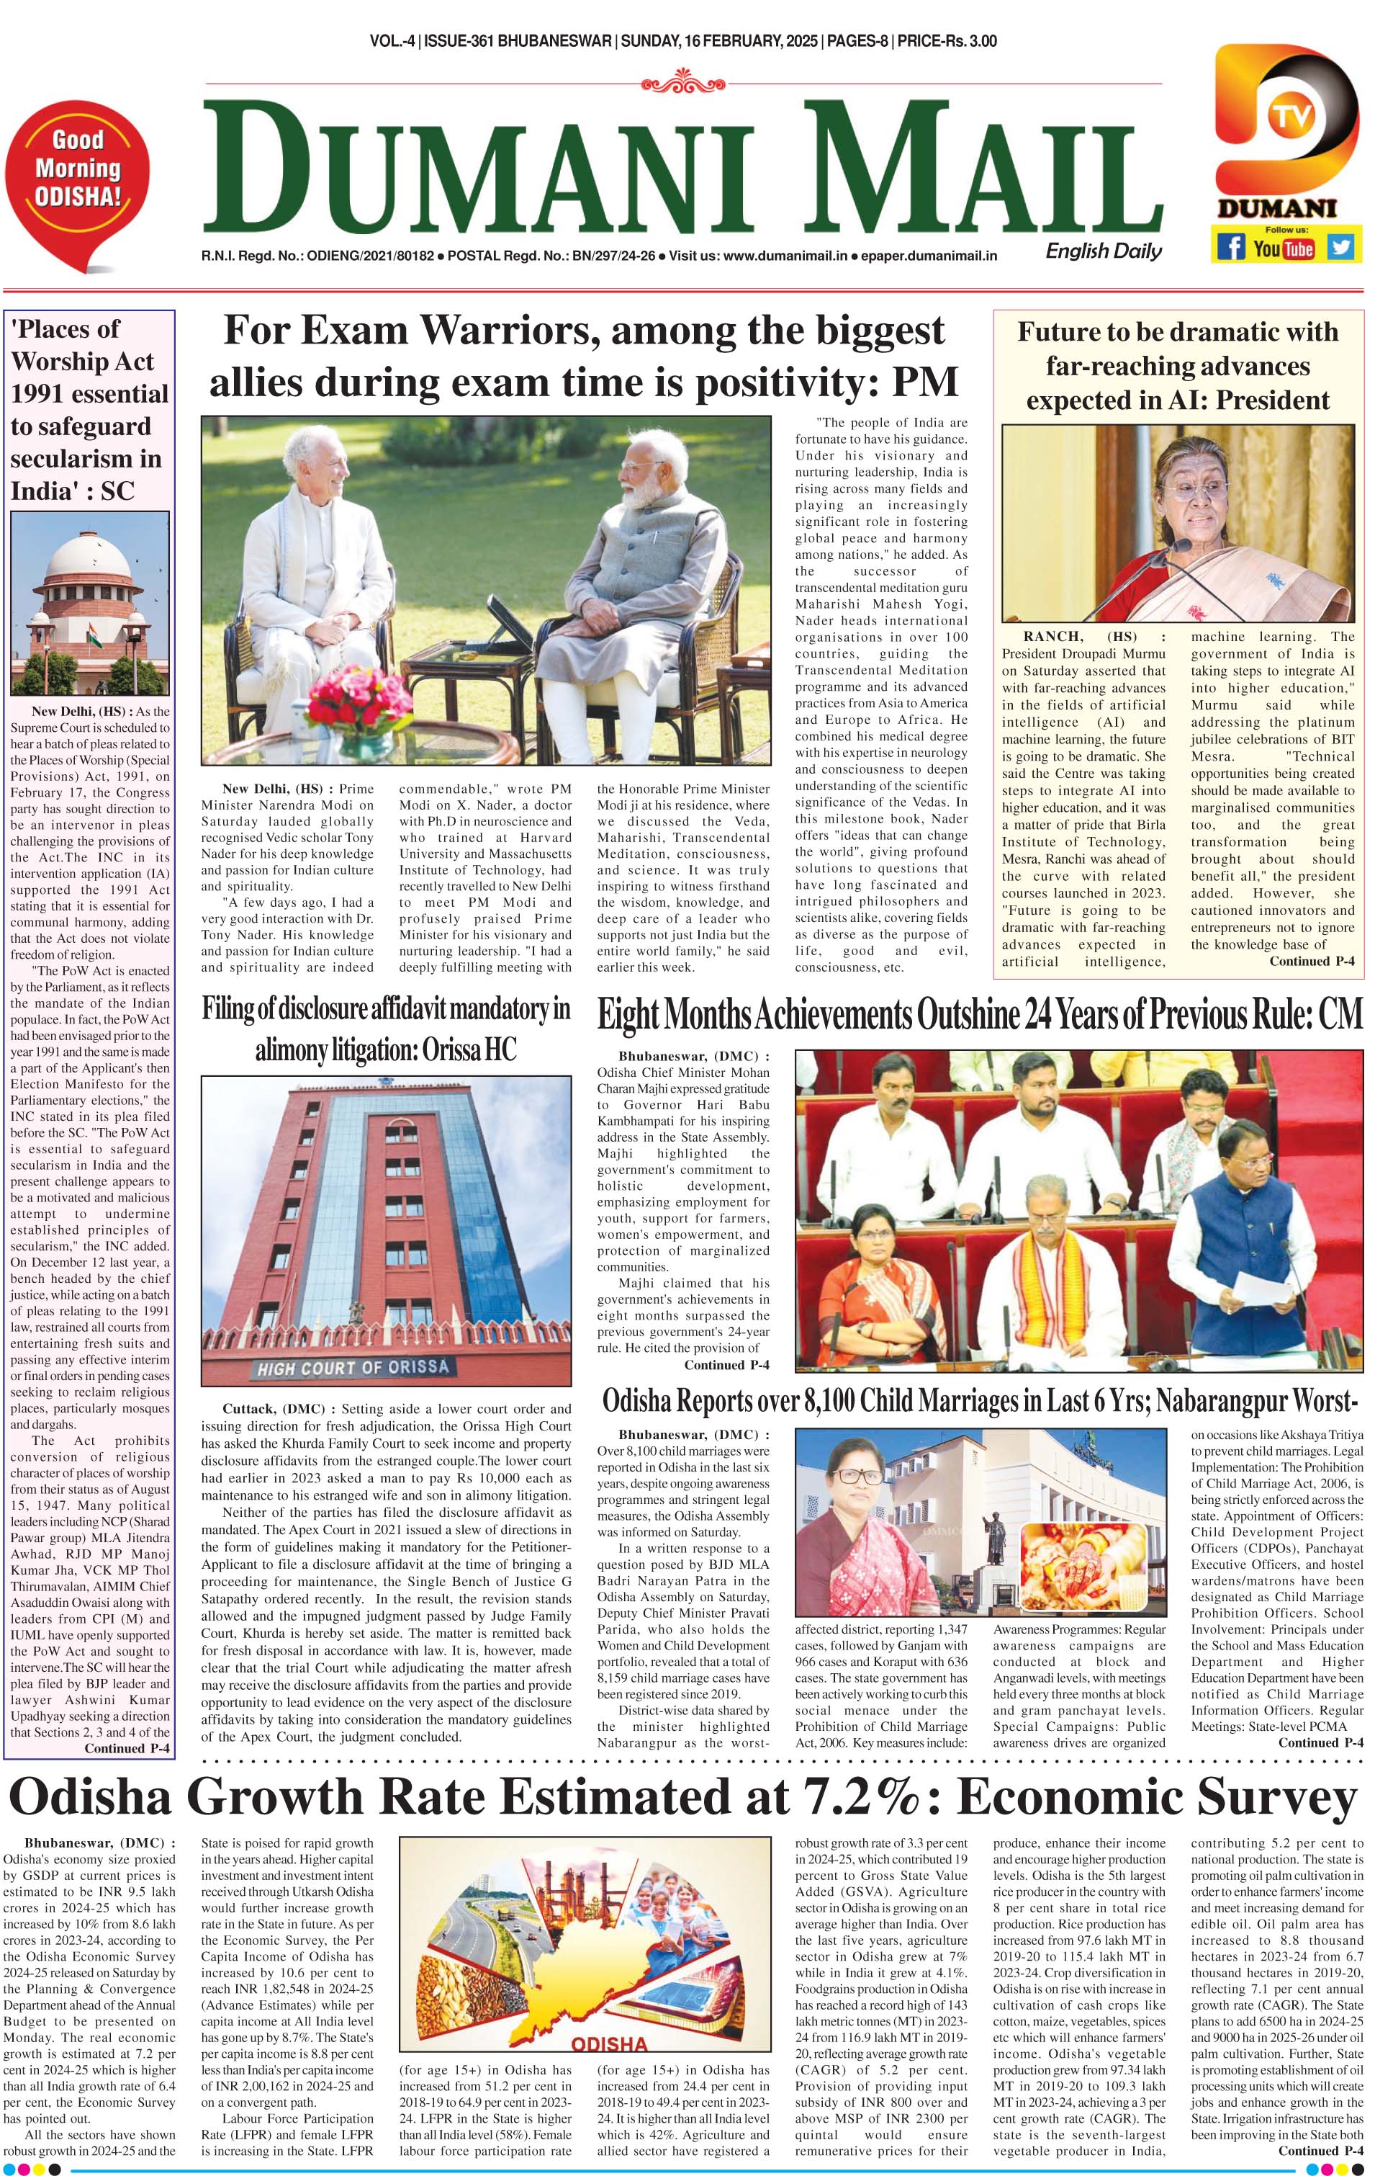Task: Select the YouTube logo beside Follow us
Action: [1284, 247]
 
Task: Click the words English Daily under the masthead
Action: [1104, 251]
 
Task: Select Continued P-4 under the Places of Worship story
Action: [127, 1748]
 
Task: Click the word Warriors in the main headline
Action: [508, 331]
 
